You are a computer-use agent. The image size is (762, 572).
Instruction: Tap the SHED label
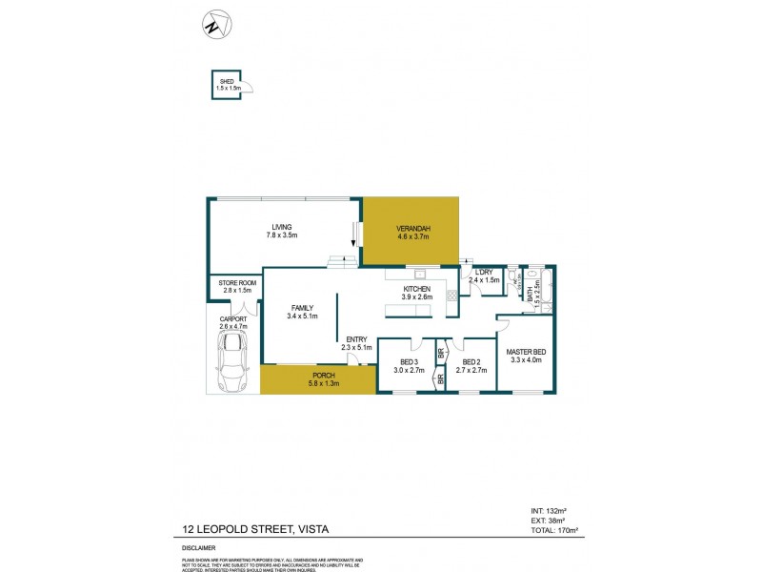click(226, 82)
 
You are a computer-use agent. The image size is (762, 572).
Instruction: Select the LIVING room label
click(281, 227)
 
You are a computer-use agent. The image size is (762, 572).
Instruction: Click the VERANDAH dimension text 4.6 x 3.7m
click(412, 235)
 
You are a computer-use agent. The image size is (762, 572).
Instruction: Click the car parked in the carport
click(232, 367)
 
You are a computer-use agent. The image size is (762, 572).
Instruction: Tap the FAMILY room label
click(304, 307)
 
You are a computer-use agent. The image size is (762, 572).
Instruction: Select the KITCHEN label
click(417, 289)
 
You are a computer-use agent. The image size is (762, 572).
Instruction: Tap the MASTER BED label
click(525, 351)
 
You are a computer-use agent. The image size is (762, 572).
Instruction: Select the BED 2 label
click(471, 362)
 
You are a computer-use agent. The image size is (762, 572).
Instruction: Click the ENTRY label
click(357, 340)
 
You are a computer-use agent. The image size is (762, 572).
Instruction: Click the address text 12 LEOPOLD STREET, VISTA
click(252, 528)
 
